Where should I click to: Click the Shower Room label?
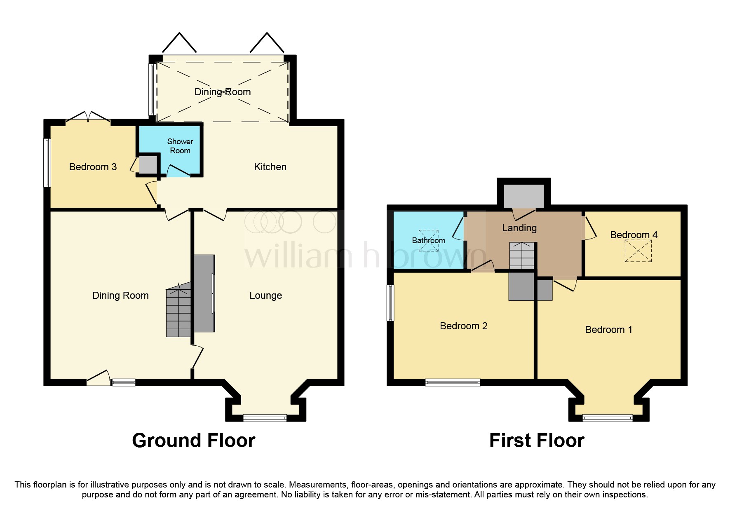[180, 146]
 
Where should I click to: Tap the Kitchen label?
[270, 167]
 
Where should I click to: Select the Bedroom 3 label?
[93, 167]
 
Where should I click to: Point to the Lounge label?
[265, 295]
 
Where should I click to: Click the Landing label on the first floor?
[519, 228]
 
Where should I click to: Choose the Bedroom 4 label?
[634, 235]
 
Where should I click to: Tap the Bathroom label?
[428, 240]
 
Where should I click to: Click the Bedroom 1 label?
[608, 330]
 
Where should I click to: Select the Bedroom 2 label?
[463, 326]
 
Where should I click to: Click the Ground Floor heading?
[193, 441]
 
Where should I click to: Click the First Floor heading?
[537, 441]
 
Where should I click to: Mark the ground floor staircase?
[178, 312]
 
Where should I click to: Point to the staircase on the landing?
[521, 255]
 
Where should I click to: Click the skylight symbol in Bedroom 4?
[638, 251]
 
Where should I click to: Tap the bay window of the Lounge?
[265, 418]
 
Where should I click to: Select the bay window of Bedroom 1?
[607, 418]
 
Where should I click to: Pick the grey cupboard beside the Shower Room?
[148, 165]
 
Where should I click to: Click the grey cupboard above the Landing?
[523, 196]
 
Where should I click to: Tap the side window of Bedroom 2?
[390, 302]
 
